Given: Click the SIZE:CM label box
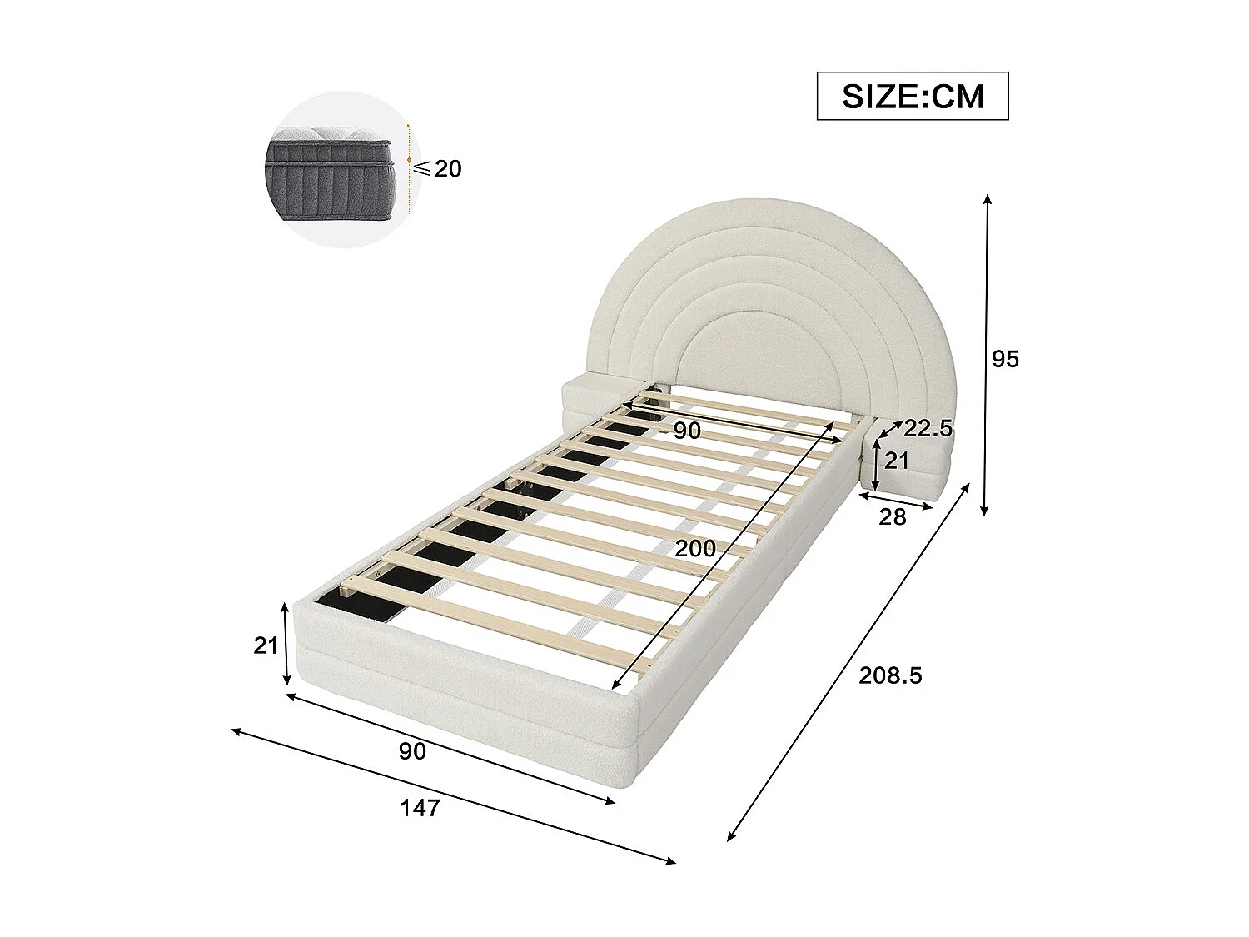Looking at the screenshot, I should (912, 97).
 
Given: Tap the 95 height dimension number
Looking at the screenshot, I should (1005, 359).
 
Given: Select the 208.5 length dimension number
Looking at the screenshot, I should (890, 675).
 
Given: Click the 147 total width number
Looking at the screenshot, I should (420, 808).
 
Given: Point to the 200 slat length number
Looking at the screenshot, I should (695, 548).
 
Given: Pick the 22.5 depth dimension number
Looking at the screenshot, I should (928, 429).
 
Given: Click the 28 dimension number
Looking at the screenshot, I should (892, 517).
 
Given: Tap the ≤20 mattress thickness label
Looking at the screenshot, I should (439, 169).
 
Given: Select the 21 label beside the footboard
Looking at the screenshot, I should (266, 645).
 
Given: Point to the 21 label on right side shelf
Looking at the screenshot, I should (896, 460).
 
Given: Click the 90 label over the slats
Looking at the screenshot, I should (687, 431).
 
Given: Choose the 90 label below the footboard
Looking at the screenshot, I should (412, 751).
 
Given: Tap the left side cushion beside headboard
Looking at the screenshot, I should (594, 396).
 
